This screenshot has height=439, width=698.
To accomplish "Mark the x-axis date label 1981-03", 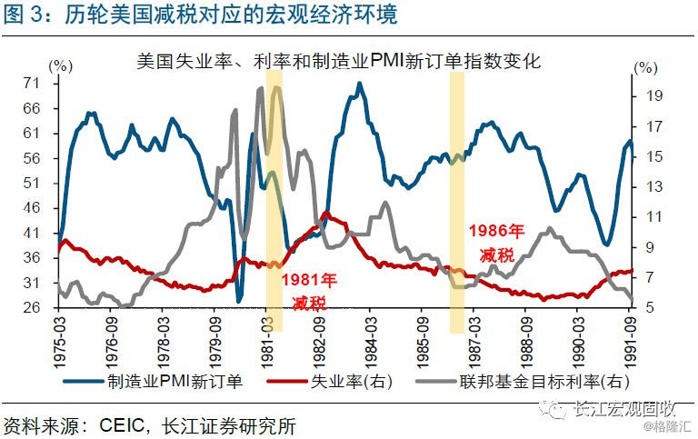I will tap(266, 340).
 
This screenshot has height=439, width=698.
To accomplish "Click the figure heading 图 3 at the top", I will tap(25, 15).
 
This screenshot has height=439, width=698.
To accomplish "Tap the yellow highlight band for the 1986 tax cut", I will tap(457, 200).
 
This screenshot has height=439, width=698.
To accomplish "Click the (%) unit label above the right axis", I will tap(643, 68).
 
